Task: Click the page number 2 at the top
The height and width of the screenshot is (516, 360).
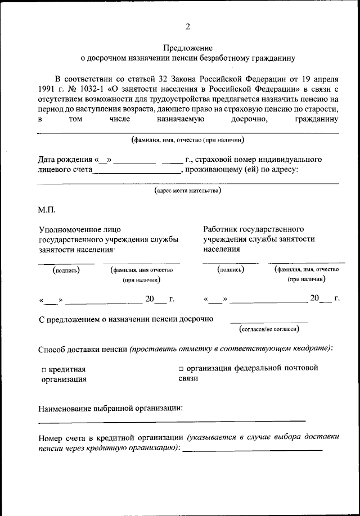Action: (188, 26)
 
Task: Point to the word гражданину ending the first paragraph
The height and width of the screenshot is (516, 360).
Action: (316, 119)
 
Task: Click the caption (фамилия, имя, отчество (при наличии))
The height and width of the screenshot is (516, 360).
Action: (187, 140)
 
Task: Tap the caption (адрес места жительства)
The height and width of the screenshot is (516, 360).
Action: (187, 191)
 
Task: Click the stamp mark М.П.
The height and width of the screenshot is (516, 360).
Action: (48, 210)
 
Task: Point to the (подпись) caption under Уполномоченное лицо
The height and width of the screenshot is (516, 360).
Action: (66, 270)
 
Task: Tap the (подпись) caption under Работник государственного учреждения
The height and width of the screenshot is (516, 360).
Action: (231, 270)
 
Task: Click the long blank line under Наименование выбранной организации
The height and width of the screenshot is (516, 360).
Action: (172, 420)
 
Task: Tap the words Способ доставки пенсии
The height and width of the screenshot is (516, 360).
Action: (83, 348)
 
